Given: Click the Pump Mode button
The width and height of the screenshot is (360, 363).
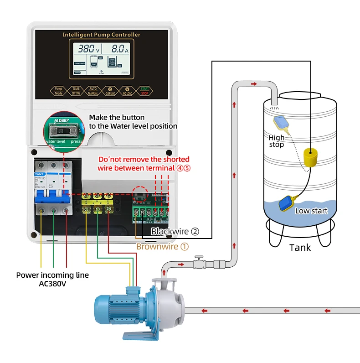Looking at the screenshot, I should [x=58, y=91].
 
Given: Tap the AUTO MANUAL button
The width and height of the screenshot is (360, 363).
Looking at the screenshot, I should [x=93, y=91].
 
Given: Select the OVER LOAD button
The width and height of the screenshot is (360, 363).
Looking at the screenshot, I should [x=110, y=91].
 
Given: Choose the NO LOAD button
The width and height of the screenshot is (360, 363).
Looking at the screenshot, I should [x=128, y=91].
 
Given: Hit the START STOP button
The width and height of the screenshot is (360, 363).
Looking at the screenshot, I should [x=145, y=91].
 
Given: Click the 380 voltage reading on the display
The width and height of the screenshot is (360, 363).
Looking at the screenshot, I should [x=87, y=48].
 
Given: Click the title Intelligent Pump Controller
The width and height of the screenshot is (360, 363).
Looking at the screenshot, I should [x=101, y=35].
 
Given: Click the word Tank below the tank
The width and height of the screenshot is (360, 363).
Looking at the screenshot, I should [x=300, y=248].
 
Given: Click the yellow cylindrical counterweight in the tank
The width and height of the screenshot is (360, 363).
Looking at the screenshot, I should [x=311, y=158].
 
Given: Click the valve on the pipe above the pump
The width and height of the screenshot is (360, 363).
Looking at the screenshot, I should [x=199, y=263].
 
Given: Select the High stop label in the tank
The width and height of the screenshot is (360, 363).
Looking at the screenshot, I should [x=276, y=141].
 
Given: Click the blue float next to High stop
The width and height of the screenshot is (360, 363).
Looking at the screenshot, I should [x=282, y=122].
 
